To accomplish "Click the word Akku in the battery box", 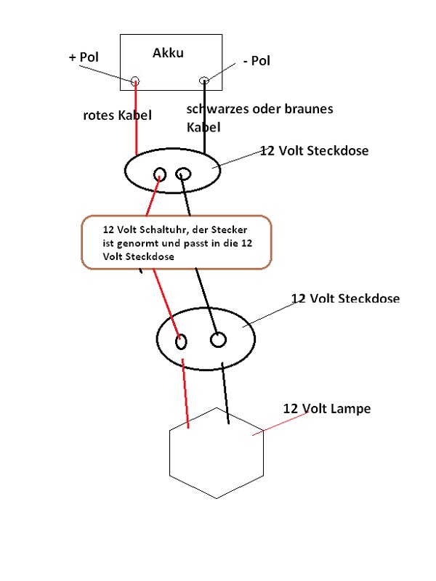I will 168,53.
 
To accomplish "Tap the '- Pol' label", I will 257,61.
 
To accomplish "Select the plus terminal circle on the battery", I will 135,81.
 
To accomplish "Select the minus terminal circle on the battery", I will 204,81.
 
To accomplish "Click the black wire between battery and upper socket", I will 204,116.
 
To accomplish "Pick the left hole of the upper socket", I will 160,174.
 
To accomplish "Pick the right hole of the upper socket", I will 184,174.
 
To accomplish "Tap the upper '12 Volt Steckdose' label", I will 314,151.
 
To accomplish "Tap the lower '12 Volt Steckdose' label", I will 344,298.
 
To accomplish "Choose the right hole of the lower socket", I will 217,339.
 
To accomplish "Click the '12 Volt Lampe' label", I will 326,409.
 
